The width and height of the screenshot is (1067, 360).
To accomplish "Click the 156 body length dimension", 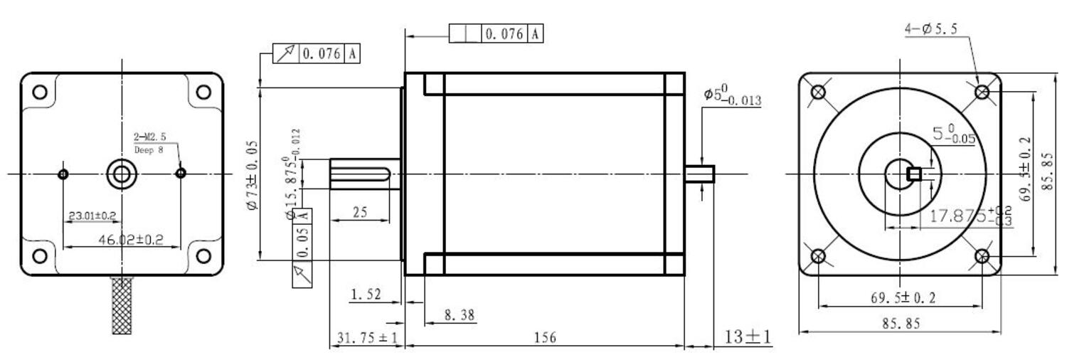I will pyautogui.click(x=545, y=337).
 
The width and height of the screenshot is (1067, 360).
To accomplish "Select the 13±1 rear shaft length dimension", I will pyautogui.click(x=748, y=336).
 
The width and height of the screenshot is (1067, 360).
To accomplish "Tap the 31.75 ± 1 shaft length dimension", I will pyautogui.click(x=366, y=338).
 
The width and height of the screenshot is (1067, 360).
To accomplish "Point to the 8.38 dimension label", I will pyautogui.click(x=460, y=314).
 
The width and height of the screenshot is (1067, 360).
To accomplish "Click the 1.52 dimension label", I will pyautogui.click(x=366, y=294).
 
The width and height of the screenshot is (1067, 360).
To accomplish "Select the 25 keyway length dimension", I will pyautogui.click(x=360, y=212).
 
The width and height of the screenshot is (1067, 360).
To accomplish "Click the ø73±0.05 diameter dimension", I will pyautogui.click(x=252, y=174).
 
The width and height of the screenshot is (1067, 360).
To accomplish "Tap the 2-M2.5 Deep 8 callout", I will pyautogui.click(x=149, y=142).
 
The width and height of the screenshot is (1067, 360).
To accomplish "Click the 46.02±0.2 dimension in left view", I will pyautogui.click(x=130, y=240).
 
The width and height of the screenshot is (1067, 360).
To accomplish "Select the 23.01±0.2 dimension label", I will pyautogui.click(x=92, y=215).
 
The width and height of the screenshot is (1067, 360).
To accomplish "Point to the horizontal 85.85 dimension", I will pyautogui.click(x=901, y=323).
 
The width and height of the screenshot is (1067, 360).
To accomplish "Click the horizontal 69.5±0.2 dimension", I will pyautogui.click(x=903, y=297).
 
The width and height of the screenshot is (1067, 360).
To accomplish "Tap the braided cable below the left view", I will pyautogui.click(x=122, y=305).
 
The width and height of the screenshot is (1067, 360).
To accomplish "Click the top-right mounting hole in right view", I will pyautogui.click(x=982, y=91).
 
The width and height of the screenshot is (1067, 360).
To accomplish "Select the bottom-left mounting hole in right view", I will pyautogui.click(x=818, y=256).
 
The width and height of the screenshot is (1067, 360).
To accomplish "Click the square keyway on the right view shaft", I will pyautogui.click(x=915, y=174).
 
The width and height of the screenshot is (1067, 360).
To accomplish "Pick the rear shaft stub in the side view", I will pyautogui.click(x=699, y=174).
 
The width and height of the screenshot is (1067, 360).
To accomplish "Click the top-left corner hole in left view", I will pyautogui.click(x=41, y=92).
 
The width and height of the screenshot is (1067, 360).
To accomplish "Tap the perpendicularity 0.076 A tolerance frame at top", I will pyautogui.click(x=497, y=33).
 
